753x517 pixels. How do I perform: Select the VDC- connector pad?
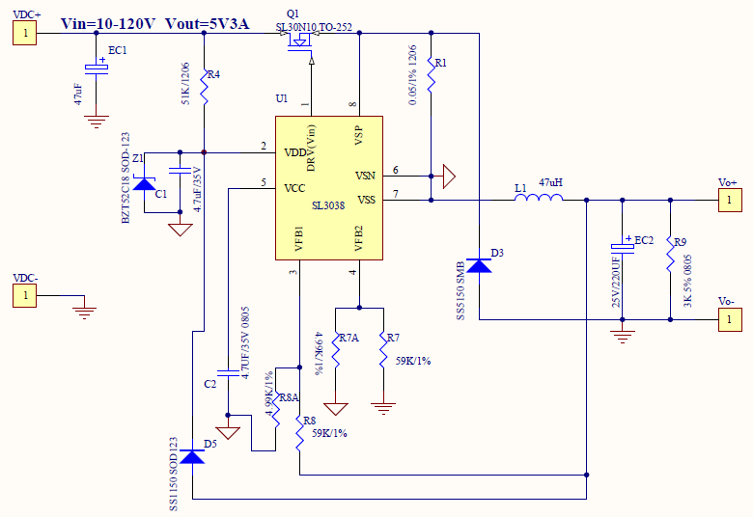(26, 296)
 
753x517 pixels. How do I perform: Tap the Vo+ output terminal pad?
(730, 201)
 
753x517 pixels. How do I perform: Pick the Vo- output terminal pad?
(730, 319)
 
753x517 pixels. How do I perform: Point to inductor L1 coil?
(539, 200)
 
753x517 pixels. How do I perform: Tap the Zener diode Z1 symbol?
(144, 183)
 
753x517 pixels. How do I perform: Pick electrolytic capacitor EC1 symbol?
(96, 68)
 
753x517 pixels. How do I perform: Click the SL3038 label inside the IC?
(328, 204)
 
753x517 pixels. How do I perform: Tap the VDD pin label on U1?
(295, 152)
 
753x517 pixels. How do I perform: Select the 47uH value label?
(551, 182)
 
